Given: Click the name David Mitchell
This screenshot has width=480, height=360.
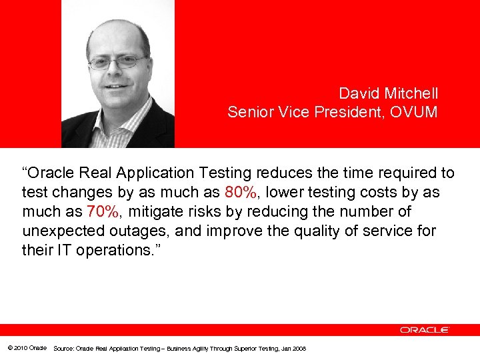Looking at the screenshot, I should pos(388,93).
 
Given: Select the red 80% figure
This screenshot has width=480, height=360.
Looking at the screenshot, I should pos(240,193).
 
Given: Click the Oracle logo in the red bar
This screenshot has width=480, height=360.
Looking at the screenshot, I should pos(425,330).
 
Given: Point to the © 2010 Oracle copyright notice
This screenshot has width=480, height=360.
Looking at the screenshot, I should pos(27,348).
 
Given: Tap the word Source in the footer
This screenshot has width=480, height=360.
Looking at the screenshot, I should pos(63,348).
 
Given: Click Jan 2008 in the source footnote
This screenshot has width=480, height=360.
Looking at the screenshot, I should pos(294,348).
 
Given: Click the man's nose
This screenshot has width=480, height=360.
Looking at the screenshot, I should pos(119,71).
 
